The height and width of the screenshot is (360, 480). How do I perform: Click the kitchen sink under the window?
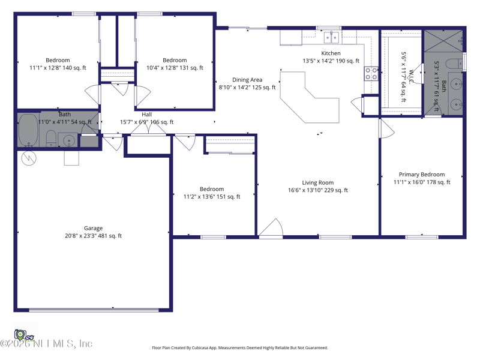[331, 38]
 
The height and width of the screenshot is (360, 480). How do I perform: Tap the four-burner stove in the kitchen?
[371, 73]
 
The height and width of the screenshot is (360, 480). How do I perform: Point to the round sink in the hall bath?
[69, 141]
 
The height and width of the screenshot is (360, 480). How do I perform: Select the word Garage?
[93, 228]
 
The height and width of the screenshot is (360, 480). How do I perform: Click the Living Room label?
[318, 183]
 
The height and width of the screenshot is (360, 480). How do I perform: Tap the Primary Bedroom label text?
[422, 175]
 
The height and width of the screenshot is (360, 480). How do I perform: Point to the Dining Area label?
[247, 80]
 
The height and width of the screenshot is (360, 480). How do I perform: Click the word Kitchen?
[331, 53]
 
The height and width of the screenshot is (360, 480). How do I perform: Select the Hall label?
[146, 114]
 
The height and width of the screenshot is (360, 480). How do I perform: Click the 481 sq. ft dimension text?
[110, 236]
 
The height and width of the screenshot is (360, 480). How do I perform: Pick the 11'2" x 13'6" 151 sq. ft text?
[212, 196]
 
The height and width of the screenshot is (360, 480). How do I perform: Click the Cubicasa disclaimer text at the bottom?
[240, 347]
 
